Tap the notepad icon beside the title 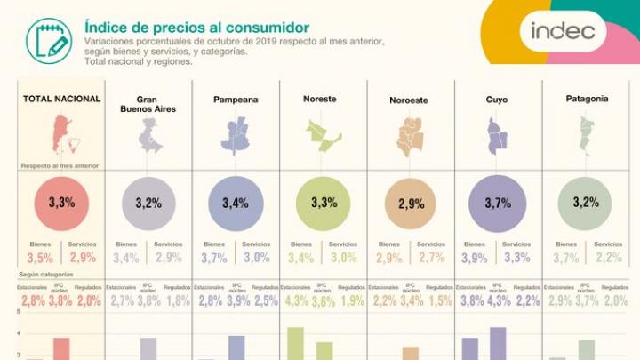[x=49, y=40]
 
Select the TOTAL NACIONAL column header [x=60, y=99]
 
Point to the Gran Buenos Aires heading [x=148, y=103]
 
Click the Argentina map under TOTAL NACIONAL [x=60, y=133]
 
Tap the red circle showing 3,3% [x=60, y=203]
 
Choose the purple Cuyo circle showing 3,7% [x=497, y=203]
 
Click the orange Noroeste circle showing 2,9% [x=410, y=204]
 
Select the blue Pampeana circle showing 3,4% [x=236, y=203]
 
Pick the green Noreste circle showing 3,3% [x=323, y=203]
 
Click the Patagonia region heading [x=586, y=99]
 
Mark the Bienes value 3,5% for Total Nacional [x=39, y=259]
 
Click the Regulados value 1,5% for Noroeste [x=438, y=300]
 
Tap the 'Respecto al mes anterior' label [x=60, y=166]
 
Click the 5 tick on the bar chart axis [x=19, y=312]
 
